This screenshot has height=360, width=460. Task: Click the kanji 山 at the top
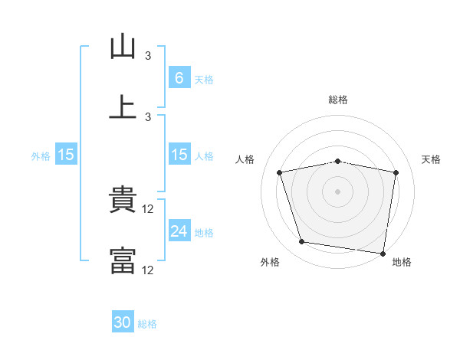[123, 46]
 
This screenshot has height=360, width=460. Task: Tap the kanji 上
[123, 106]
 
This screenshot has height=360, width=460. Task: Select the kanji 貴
[123, 198]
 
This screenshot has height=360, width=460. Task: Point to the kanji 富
[123, 260]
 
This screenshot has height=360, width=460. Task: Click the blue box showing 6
[179, 77]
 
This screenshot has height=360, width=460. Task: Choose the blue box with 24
[179, 230]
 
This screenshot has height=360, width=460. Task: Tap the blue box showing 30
[123, 321]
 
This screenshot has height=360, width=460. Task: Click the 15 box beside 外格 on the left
[66, 154]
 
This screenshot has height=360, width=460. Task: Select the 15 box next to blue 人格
[179, 154]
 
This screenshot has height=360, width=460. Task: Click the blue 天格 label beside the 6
[204, 80]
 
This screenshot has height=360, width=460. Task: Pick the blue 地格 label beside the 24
[204, 233]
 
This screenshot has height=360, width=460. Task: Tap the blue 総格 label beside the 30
[147, 324]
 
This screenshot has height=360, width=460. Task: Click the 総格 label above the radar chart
[338, 100]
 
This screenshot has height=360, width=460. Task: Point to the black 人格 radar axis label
[245, 159]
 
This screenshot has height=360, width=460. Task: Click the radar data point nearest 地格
[383, 254]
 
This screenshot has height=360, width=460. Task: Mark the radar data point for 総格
[337, 162]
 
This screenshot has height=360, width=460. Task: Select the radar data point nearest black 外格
[301, 241]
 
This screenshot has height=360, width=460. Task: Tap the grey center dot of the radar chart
[337, 191]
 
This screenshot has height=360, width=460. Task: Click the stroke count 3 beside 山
[148, 55]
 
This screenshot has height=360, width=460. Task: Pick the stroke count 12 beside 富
[147, 270]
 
